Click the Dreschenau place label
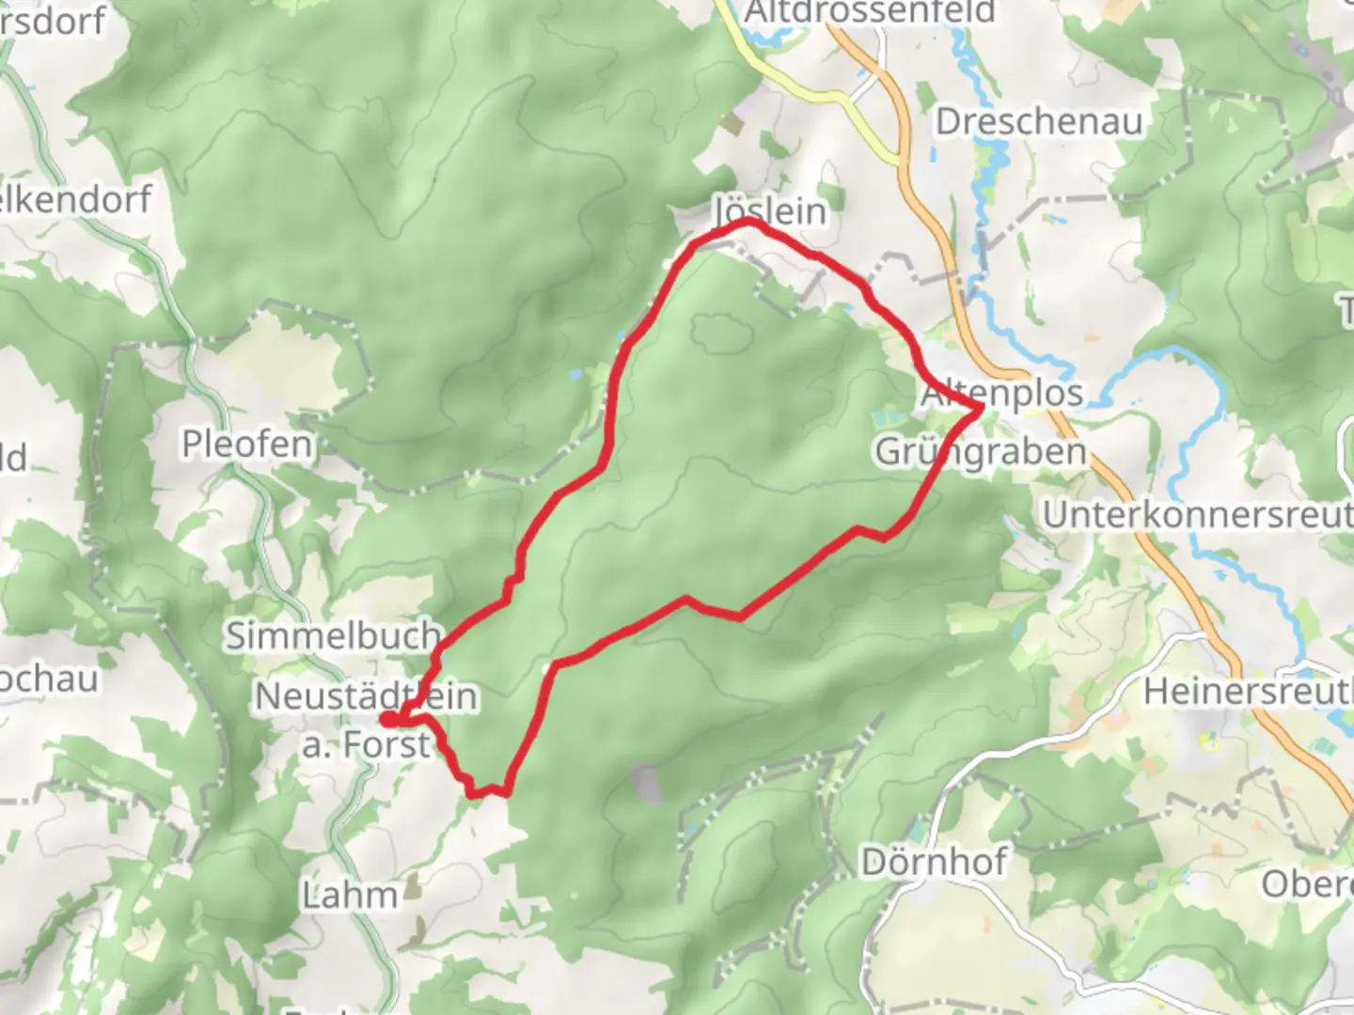pyautogui.click(x=1039, y=122)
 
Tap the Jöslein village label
pyautogui.click(x=771, y=211)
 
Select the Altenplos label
pyautogui.click(x=1002, y=393)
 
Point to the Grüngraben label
pyautogui.click(x=981, y=452)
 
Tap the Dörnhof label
pyautogui.click(x=934, y=861)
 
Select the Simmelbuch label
pyautogui.click(x=333, y=636)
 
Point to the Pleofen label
pyautogui.click(x=247, y=444)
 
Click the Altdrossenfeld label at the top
pyautogui.click(x=869, y=12)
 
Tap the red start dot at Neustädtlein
pyautogui.click(x=387, y=720)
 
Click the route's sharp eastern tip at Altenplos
pyautogui.click(x=981, y=407)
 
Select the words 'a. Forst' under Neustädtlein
pyautogui.click(x=366, y=745)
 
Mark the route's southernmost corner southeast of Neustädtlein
pyautogui.click(x=489, y=792)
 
